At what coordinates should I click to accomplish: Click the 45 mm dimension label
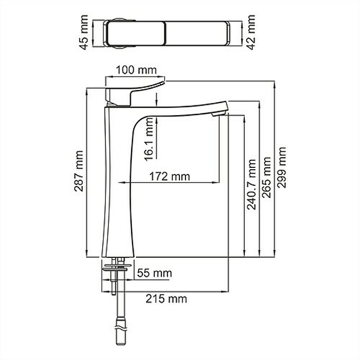84,32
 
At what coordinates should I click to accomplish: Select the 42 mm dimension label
251,32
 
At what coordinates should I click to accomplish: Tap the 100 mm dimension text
136,70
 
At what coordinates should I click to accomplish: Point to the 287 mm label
79,171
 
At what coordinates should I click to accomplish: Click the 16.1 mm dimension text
149,139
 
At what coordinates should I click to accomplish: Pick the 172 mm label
170,176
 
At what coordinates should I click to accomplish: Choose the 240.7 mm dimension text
252,184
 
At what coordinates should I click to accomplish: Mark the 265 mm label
266,177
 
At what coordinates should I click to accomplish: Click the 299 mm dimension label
282,168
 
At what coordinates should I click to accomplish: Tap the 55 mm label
154,273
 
